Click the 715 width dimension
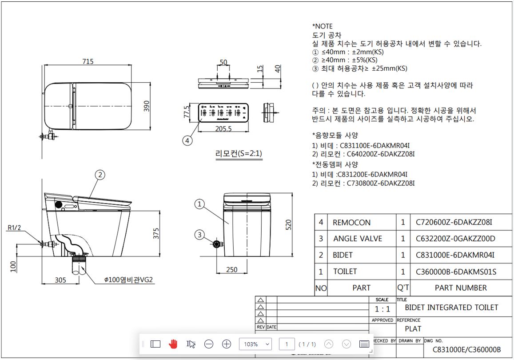pos(88,61)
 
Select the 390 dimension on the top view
pos(147,106)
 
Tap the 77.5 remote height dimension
pos(187,112)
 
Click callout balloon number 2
pos(100,175)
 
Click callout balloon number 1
pos(200,204)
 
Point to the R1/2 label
pos(14,228)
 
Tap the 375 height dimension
pos(156,233)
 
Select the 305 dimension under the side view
pos(61,280)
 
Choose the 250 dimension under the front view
pos(231,270)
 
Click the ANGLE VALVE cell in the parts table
pos(357,239)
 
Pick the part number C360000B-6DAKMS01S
pos(456,272)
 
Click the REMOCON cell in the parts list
pos(351,223)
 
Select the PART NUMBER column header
pos(460,288)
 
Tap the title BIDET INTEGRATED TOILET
pos(451,308)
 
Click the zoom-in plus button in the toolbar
pos(227,344)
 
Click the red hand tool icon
pos(173,344)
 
